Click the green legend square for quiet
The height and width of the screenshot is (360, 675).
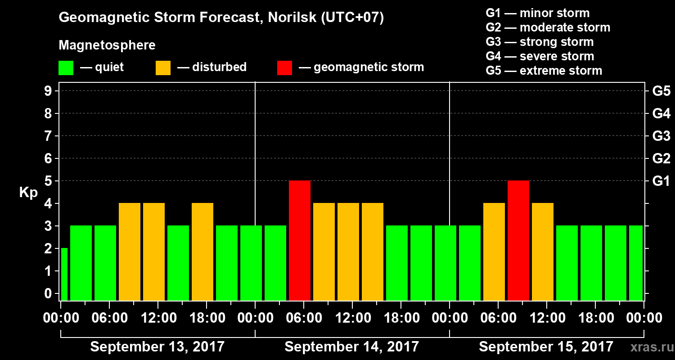click(66, 68)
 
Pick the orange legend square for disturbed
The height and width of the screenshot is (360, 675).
click(163, 68)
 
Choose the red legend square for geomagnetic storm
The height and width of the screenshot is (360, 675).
click(284, 68)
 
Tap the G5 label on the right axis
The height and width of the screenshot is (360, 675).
click(661, 91)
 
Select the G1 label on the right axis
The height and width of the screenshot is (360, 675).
click(661, 181)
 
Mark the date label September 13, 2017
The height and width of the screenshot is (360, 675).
click(157, 347)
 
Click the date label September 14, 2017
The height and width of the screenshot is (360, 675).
click(352, 347)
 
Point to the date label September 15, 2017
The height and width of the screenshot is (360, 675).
click(546, 347)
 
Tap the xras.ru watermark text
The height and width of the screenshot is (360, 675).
click(649, 347)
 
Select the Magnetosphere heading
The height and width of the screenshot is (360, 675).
click(107, 45)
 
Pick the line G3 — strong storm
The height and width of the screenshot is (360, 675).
click(540, 42)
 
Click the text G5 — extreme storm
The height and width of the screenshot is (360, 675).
click(544, 71)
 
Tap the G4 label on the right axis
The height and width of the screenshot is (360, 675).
click(661, 114)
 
